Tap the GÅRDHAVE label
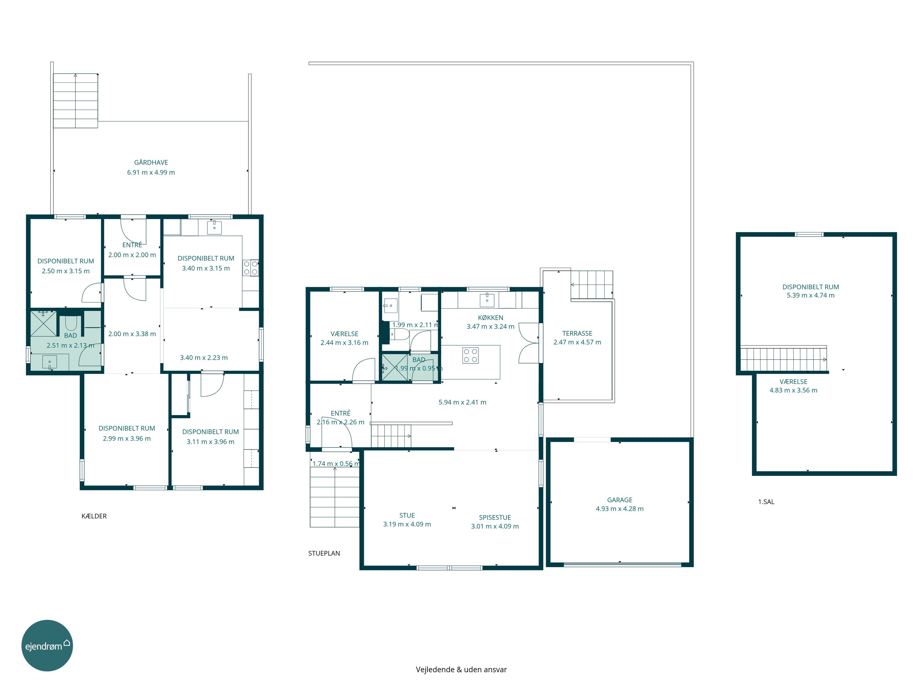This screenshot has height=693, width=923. [x=151, y=163]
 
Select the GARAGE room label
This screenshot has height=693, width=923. [x=620, y=500]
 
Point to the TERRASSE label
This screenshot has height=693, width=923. [x=577, y=333]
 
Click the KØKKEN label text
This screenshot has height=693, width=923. [x=490, y=318]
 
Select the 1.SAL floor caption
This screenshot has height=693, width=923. [x=766, y=502]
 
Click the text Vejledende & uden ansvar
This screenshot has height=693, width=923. [x=461, y=669]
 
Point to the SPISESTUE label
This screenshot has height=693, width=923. [x=495, y=517]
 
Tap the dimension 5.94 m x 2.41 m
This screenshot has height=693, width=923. [x=462, y=402]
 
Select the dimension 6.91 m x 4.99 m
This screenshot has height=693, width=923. [x=151, y=172]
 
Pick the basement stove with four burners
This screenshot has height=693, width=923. [x=251, y=268]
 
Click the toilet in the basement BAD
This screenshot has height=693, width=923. [x=70, y=324]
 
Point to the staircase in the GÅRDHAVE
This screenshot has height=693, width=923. [x=75, y=101]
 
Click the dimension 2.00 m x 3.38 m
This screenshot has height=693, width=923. [x=132, y=334]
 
